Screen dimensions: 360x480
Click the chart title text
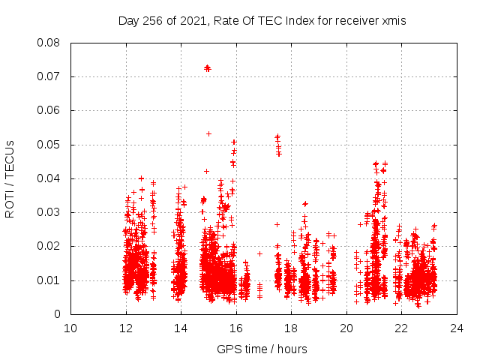[262, 21]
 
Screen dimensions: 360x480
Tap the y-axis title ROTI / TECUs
[10, 178]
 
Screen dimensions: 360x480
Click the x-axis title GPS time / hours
[262, 349]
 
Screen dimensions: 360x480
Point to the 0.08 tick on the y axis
[50, 43]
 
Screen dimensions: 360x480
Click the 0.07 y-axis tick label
[50, 76]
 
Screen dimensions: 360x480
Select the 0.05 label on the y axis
[50, 145]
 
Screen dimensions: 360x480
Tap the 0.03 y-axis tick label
[50, 212]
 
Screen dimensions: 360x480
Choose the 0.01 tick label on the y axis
[50, 280]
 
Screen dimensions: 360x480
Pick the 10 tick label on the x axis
[70, 328]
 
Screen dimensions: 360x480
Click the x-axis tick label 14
[181, 328]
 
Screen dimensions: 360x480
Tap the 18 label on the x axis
[291, 328]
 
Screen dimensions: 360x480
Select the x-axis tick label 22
[401, 328]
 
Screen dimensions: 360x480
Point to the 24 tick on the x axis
[456, 328]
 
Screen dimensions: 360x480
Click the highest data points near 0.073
[208, 68]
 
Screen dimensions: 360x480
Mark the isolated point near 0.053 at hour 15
[208, 133]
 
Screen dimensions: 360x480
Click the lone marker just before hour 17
[259, 253]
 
